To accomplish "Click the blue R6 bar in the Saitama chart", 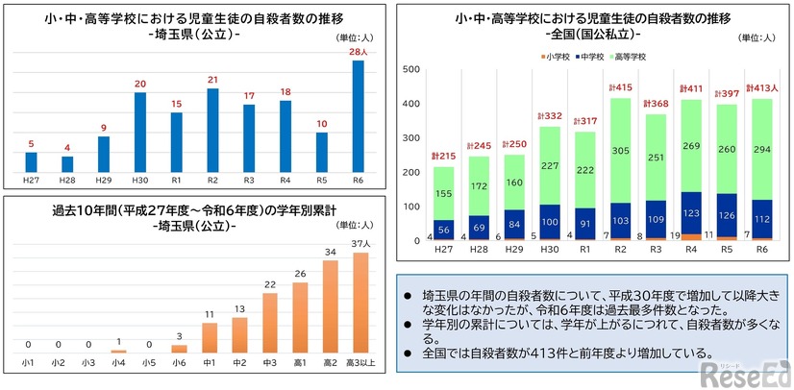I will pyautogui.click(x=359, y=115).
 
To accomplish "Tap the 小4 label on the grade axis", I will pyautogui.click(x=119, y=362).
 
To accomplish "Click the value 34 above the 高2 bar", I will pyautogui.click(x=331, y=253).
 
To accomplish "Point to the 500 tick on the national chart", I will pyautogui.click(x=409, y=69).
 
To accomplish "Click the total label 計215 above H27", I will pyautogui.click(x=443, y=157).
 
